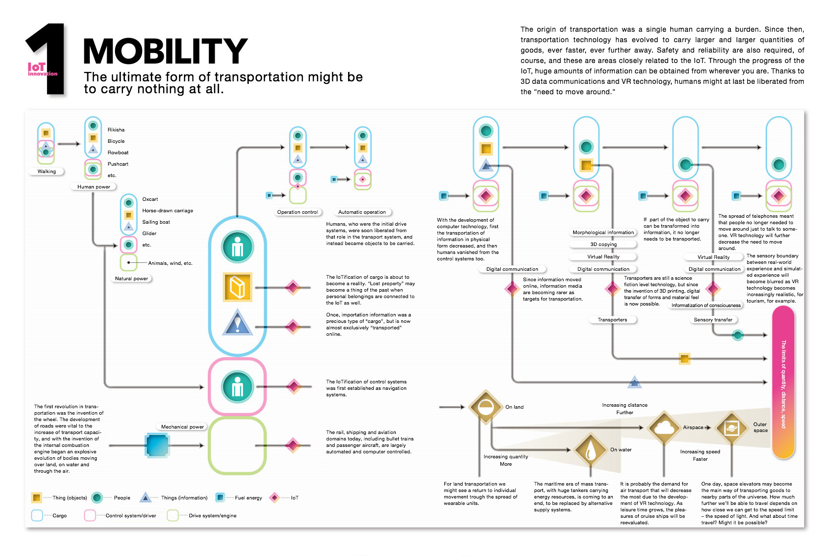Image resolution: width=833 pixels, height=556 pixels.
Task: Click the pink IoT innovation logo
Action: [x=43, y=69]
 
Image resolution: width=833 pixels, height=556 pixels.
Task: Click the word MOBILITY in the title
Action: [x=166, y=51]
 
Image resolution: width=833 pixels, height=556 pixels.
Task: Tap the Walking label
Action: [x=47, y=172]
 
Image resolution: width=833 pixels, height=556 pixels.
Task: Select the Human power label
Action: [x=93, y=186]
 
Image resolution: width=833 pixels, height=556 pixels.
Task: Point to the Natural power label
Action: [x=131, y=279]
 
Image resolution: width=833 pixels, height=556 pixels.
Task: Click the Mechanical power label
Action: [x=182, y=427]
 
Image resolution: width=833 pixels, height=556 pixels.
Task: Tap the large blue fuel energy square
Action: [x=157, y=445]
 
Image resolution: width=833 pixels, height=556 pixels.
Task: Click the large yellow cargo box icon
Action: [x=237, y=287]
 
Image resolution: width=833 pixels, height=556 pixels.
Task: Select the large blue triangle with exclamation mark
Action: [x=237, y=323]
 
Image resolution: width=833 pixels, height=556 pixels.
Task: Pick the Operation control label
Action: [x=297, y=212]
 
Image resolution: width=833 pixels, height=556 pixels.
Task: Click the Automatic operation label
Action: [x=362, y=212]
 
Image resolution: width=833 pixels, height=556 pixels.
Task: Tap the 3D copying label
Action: [x=603, y=245]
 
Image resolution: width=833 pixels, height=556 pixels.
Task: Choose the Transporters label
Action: [x=612, y=320]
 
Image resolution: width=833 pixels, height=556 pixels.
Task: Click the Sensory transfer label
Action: [x=713, y=320]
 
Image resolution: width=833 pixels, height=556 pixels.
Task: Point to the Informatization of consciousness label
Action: [x=706, y=306]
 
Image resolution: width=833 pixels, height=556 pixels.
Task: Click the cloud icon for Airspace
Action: [x=664, y=428]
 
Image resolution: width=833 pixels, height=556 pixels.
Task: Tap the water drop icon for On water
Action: [x=590, y=450]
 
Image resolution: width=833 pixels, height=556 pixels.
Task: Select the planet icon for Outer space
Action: [x=731, y=428]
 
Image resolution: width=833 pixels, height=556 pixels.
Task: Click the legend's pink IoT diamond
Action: [x=275, y=497]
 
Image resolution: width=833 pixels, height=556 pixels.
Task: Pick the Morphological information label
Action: [x=603, y=233]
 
